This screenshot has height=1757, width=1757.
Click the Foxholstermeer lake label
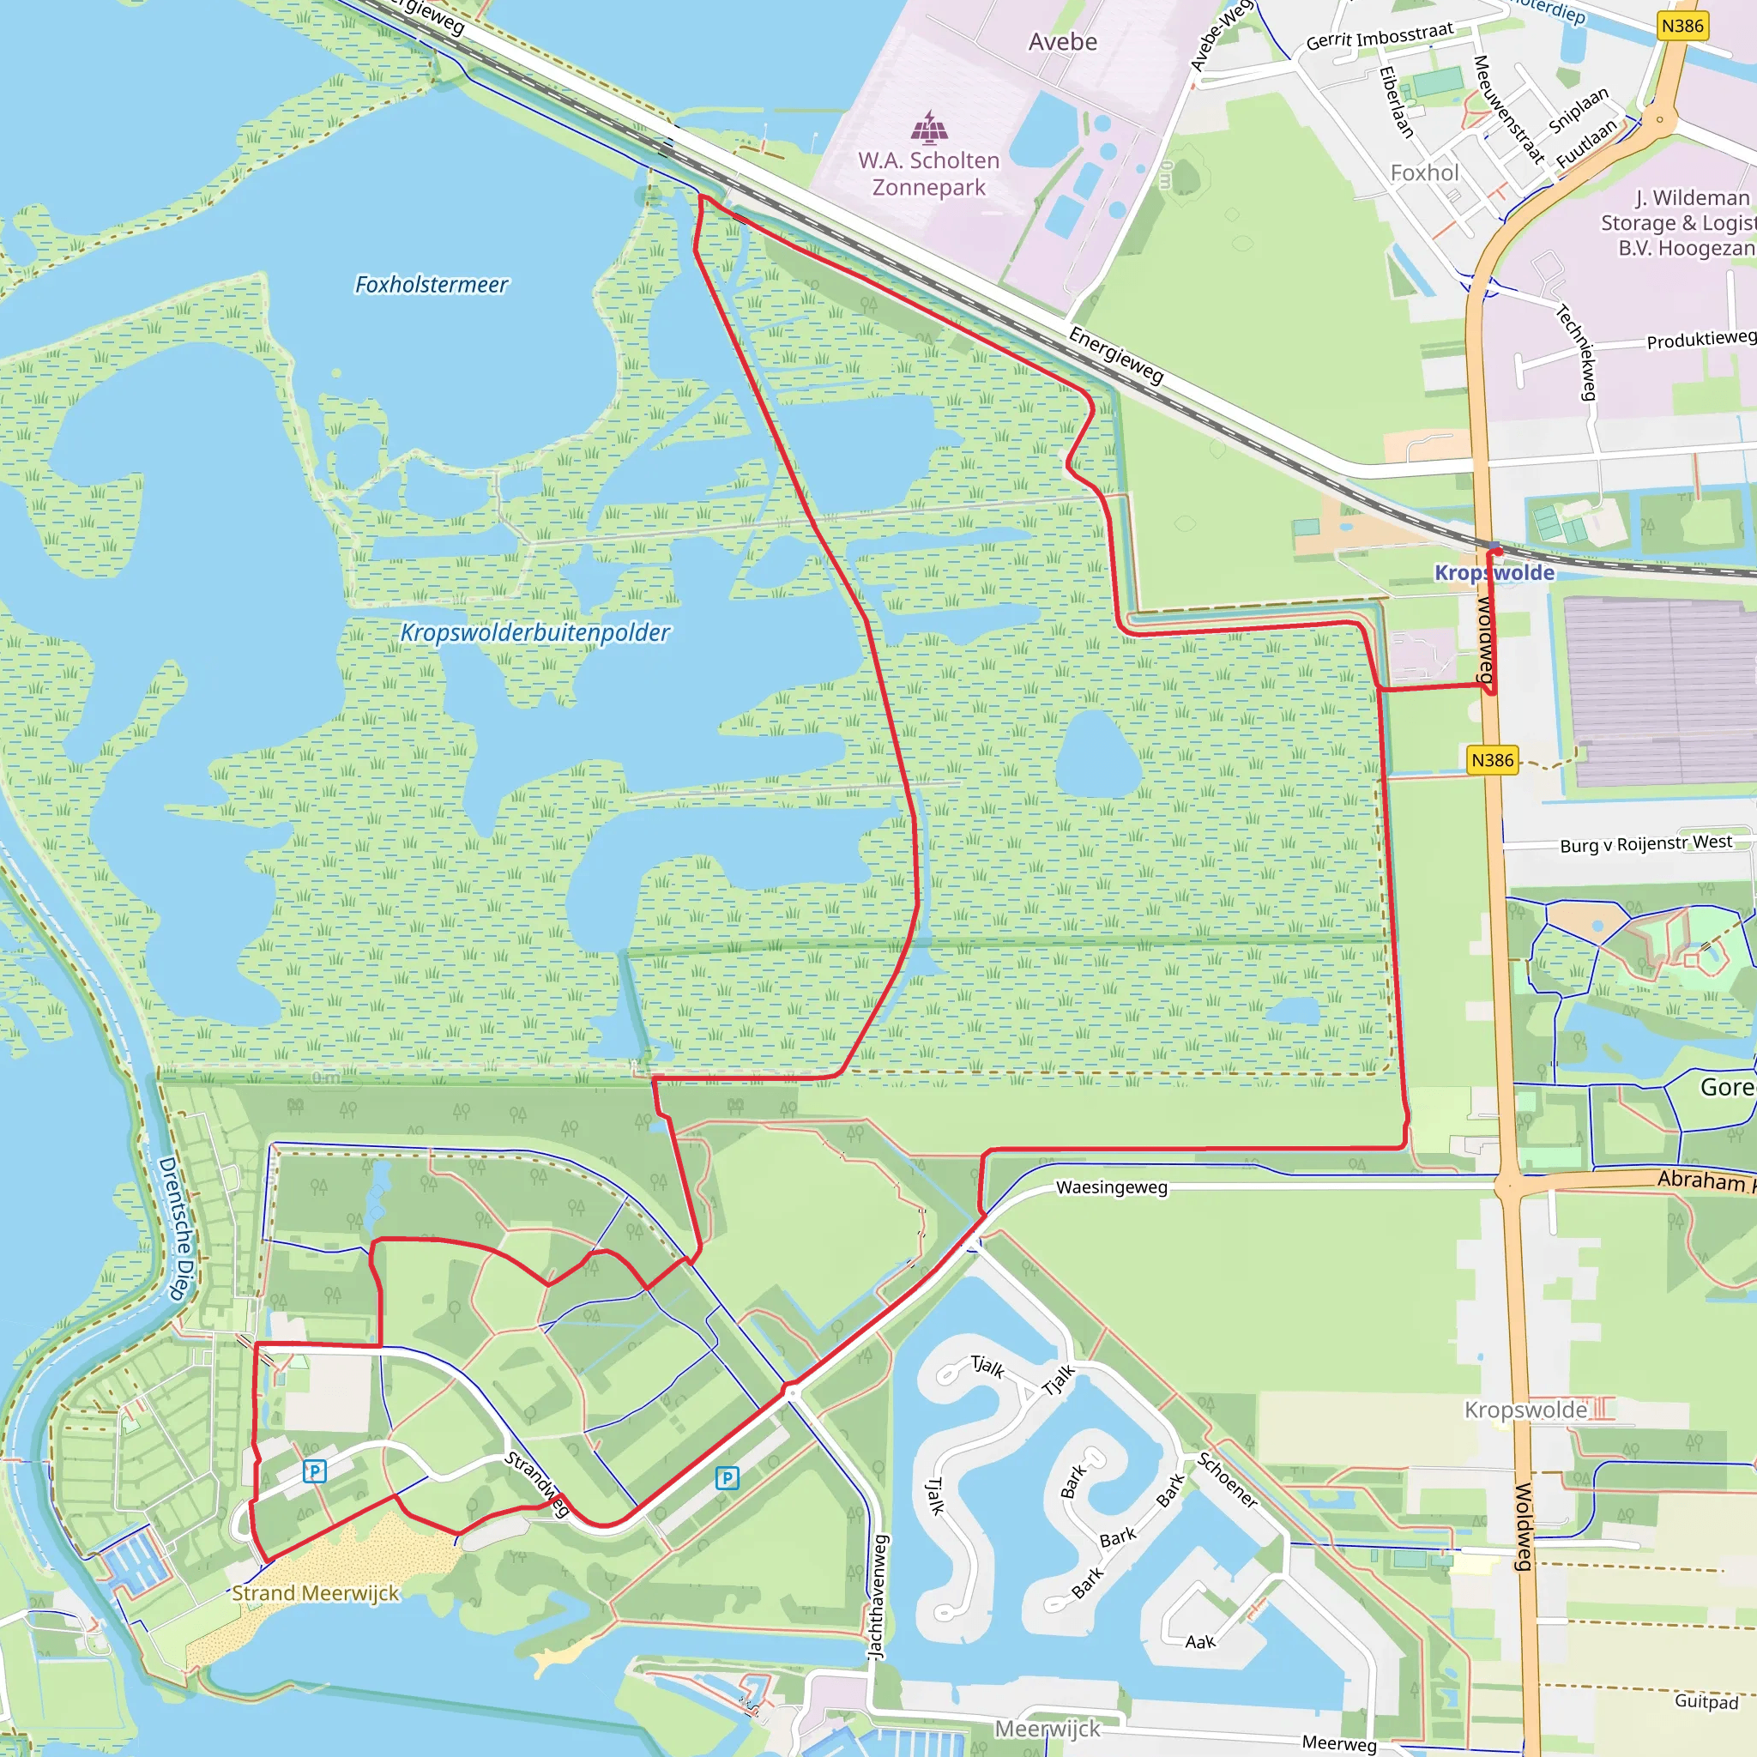[x=431, y=285]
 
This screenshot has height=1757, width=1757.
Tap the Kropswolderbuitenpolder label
[x=534, y=632]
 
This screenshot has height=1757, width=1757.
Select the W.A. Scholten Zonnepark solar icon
[x=928, y=127]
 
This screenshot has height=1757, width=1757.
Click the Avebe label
[x=1062, y=43]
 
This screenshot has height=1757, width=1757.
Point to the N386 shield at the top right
[x=1682, y=26]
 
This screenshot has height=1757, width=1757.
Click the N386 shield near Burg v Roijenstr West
[x=1493, y=759]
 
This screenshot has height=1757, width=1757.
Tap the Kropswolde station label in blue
[x=1494, y=573]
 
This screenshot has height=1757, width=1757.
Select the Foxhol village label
[x=1424, y=172]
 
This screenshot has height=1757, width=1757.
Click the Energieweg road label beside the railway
[x=1116, y=355]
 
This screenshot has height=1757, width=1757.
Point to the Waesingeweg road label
[x=1111, y=1187]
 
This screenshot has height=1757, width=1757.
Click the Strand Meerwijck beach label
[x=315, y=1593]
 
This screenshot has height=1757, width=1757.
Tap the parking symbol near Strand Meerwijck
[x=315, y=1470]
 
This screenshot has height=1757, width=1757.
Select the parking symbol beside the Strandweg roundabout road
[x=727, y=1478]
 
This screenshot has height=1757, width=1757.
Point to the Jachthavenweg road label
[x=878, y=1597]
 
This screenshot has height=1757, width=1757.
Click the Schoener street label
[x=1228, y=1481]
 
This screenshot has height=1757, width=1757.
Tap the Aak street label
[x=1199, y=1641]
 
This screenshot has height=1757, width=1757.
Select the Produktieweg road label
[x=1700, y=339]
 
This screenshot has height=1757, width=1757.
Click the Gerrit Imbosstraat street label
[x=1380, y=36]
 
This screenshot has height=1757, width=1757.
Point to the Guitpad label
[x=1706, y=1700]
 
